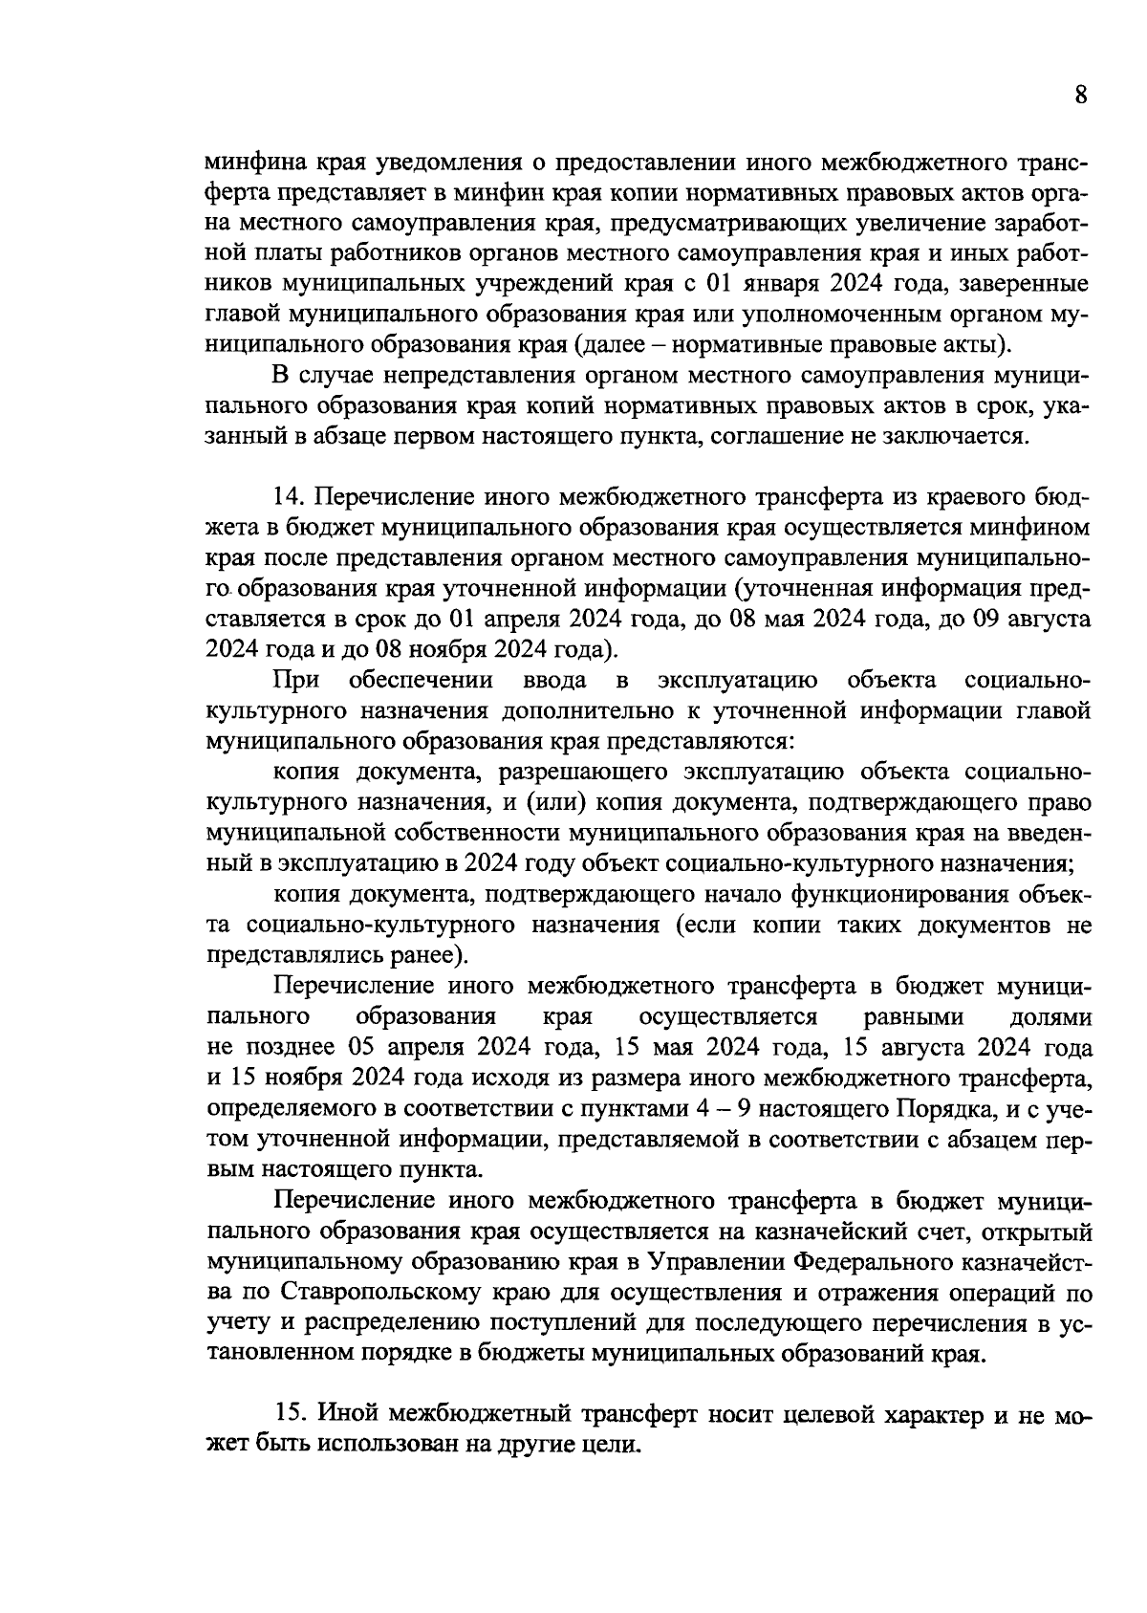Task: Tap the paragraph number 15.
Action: pyautogui.click(x=288, y=1413)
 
